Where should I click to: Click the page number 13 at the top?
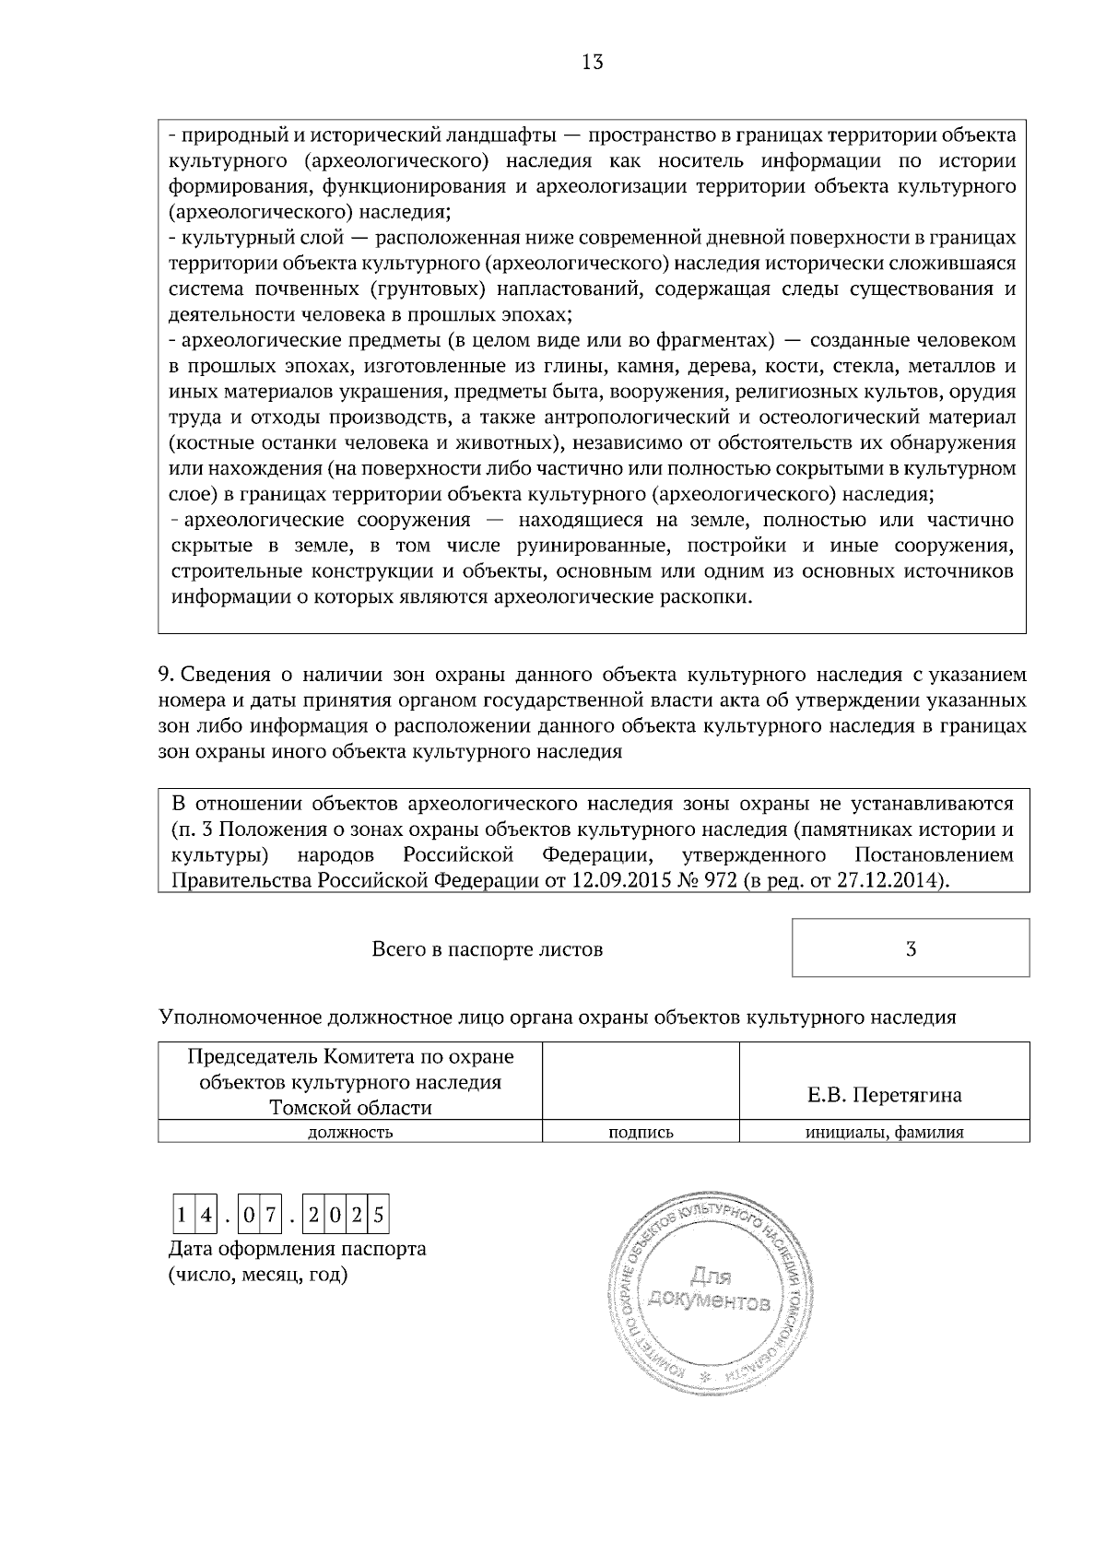(x=593, y=63)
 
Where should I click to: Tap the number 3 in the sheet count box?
(x=911, y=948)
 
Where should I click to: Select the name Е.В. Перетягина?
(x=884, y=1095)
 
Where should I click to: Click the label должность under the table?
(x=350, y=1133)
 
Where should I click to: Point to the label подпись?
(x=641, y=1133)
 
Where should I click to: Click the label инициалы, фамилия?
(x=885, y=1133)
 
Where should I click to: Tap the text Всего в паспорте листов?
(x=488, y=949)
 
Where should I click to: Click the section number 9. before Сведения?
(x=165, y=675)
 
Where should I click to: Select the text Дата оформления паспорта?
(x=298, y=1250)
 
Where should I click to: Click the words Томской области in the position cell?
(x=350, y=1107)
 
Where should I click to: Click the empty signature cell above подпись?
(x=641, y=1080)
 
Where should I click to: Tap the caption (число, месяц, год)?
(x=258, y=1276)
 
